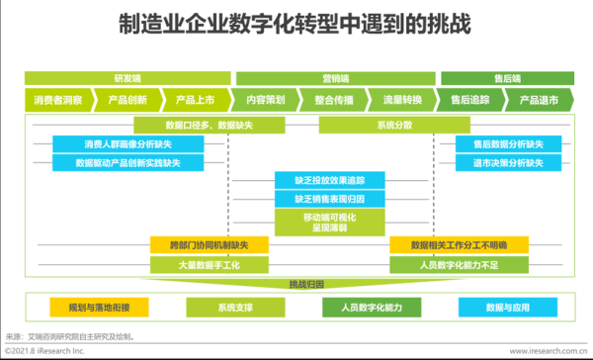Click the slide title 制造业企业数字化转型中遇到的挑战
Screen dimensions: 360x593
296,23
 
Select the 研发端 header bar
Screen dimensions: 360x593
127,76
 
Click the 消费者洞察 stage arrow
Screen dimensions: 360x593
59,99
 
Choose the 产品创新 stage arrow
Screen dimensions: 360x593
128,99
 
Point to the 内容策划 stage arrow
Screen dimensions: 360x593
264,99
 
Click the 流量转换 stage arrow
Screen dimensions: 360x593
401,99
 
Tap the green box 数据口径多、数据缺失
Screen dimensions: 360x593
196,126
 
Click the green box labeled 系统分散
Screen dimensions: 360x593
372,126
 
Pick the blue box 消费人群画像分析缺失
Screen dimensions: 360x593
128,143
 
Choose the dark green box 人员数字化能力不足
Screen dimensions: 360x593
459,264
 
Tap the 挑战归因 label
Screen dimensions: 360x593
299,284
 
